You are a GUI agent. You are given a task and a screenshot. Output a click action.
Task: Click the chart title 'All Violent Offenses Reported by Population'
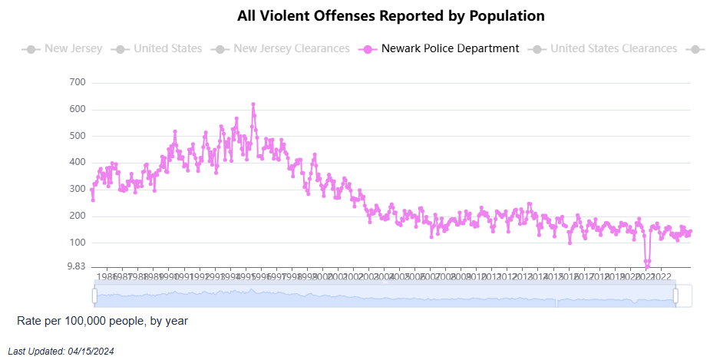click(x=391, y=15)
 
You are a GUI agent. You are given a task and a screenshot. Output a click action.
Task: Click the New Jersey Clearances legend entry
click(x=291, y=48)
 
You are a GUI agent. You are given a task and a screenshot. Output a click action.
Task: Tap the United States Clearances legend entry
click(x=613, y=48)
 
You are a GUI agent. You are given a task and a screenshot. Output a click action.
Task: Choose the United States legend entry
click(x=167, y=48)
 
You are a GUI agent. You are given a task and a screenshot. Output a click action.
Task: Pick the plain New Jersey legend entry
click(x=72, y=48)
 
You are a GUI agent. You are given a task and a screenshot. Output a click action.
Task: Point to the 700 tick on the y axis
click(x=78, y=82)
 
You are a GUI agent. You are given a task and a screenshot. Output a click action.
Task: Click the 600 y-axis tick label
click(x=78, y=109)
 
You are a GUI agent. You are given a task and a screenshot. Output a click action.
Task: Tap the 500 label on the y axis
click(x=78, y=136)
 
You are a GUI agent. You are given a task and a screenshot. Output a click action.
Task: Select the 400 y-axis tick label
click(x=78, y=162)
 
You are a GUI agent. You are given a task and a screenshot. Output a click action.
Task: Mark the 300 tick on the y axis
click(x=78, y=189)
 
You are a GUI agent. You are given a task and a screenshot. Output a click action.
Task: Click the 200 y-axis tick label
click(x=78, y=216)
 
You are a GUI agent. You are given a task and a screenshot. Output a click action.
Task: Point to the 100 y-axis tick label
click(x=78, y=243)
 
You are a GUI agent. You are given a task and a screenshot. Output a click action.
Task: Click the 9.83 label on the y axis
click(x=75, y=266)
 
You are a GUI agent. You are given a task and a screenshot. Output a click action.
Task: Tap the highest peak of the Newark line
click(x=253, y=104)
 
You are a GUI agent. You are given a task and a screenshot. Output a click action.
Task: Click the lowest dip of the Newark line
click(x=647, y=266)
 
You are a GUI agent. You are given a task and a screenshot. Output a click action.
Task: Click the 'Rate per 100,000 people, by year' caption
click(x=102, y=321)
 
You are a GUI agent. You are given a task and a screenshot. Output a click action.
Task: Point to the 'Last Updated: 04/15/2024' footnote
click(x=61, y=351)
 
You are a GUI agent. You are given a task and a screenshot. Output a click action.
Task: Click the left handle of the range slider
click(x=94, y=296)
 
